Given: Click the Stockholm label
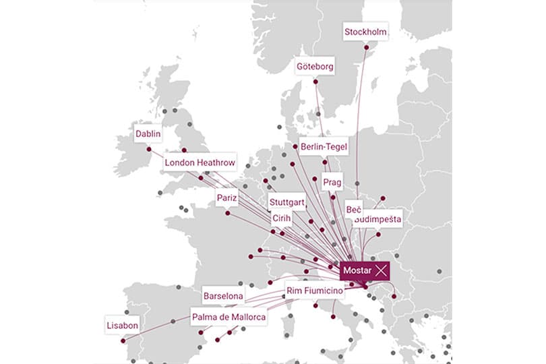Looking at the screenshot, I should pos(366,32).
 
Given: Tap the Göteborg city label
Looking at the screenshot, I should pos(315,67).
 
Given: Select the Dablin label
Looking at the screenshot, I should pos(148,133).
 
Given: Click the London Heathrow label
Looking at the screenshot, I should pos(200,162).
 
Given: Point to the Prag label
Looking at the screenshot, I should pos(332,182).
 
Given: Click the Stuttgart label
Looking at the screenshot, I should pos(287,202).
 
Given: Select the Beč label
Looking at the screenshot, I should pos(354,210).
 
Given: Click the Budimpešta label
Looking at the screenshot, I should pos(378,219).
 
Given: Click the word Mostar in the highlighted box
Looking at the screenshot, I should pos(357,270).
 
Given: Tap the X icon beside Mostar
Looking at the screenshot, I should pos(382,270).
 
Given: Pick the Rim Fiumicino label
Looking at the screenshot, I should pos(313,290).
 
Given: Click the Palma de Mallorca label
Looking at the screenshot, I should pos(229,317).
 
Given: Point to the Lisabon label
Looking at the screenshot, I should pos(122,326).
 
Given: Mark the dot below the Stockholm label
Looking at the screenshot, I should pos(367,47).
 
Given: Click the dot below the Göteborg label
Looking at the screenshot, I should pos(315,82).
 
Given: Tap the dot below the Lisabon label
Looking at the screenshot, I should pos(123,341).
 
